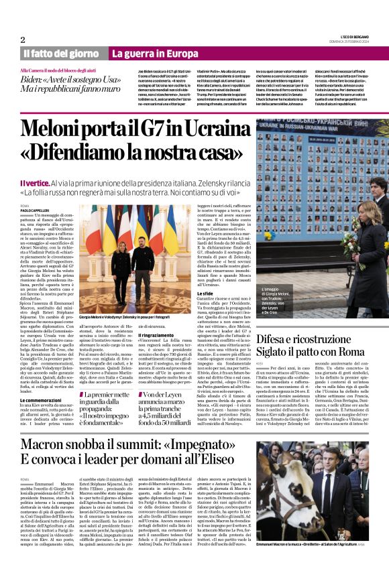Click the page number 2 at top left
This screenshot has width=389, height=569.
(x=22, y=40)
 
